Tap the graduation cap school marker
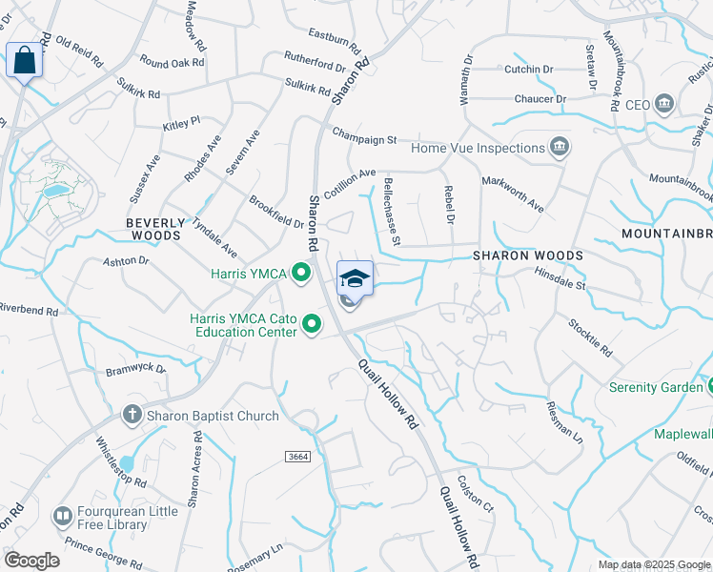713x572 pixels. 355,278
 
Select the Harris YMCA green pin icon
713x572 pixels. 302,275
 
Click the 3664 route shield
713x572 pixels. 298,458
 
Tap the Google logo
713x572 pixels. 31,561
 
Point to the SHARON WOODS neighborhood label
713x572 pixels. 528,256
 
